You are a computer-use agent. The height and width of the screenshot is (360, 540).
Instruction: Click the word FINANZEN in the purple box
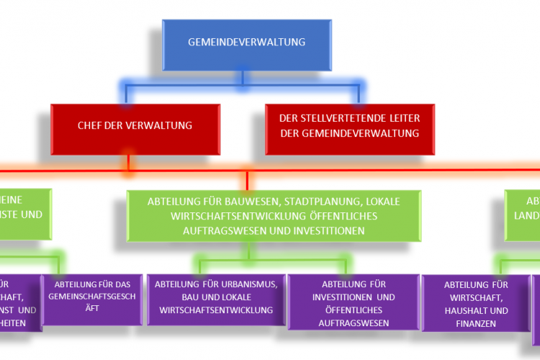tap(475, 324)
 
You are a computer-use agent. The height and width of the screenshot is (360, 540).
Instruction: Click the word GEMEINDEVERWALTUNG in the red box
tap(380, 133)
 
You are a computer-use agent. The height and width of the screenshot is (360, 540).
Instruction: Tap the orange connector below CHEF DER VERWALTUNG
tap(129, 164)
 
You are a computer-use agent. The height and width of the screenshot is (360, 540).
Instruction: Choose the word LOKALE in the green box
tap(382, 201)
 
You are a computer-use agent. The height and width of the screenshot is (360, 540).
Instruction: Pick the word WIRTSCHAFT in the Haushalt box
tap(475, 297)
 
